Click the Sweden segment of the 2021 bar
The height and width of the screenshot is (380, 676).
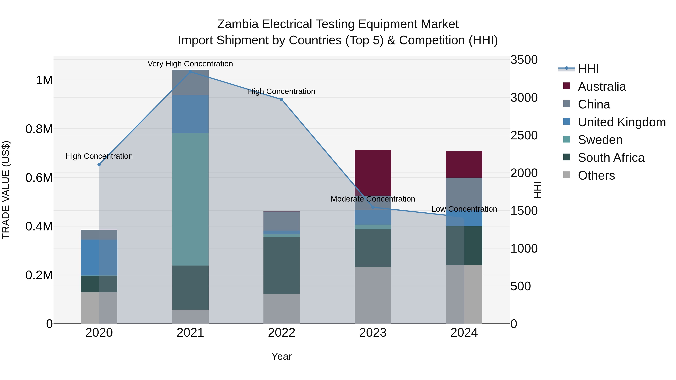pyautogui.click(x=190, y=199)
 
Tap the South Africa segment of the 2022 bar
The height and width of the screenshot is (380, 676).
pyautogui.click(x=281, y=265)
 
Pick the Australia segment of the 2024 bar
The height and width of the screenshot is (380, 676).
pyautogui.click(x=464, y=164)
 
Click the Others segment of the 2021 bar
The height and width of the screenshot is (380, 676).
pyautogui.click(x=190, y=317)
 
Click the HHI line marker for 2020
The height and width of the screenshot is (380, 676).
pyautogui.click(x=99, y=164)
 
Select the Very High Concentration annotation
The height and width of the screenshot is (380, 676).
pyautogui.click(x=190, y=64)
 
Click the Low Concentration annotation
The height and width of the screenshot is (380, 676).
pyautogui.click(x=464, y=209)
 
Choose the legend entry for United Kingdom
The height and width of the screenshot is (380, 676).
pyautogui.click(x=621, y=122)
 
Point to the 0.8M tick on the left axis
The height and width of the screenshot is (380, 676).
pyautogui.click(x=39, y=129)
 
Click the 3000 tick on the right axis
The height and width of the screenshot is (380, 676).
pyautogui.click(x=524, y=98)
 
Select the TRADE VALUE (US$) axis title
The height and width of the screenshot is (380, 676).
pyautogui.click(x=6, y=190)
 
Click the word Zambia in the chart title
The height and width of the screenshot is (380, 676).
pyautogui.click(x=238, y=24)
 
